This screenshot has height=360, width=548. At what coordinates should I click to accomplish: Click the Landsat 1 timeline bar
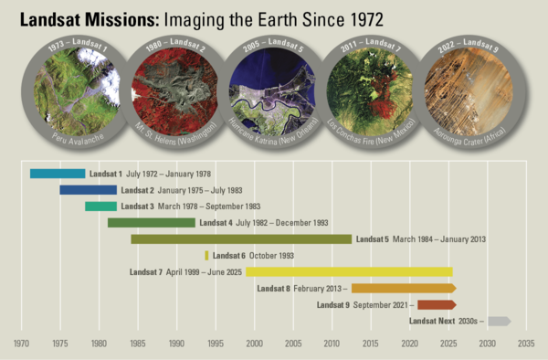57,174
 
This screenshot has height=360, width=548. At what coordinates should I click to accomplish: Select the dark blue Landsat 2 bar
88,190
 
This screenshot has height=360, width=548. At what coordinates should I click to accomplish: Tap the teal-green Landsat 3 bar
100,206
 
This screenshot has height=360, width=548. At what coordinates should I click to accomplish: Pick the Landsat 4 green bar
151,223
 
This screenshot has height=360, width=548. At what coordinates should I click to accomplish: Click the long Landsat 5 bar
241,239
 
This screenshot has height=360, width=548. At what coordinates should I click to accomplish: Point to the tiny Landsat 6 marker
206,256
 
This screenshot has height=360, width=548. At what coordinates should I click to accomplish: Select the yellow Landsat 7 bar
348,271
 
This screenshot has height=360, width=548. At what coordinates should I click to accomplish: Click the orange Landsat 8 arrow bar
402,288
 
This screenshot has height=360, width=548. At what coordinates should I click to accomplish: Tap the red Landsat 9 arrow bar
436,304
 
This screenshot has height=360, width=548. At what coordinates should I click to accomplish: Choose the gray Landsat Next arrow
499,321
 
